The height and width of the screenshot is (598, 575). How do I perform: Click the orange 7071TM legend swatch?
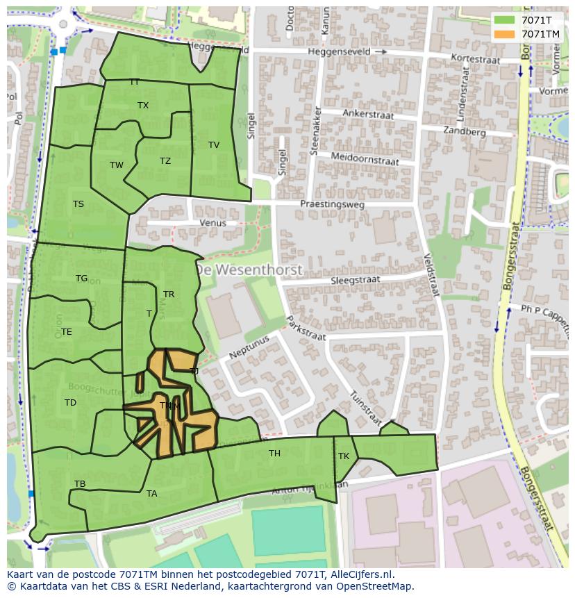point(505,34)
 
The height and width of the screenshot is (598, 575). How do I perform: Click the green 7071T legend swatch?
point(505,20)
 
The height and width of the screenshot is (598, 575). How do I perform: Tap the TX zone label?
point(143,106)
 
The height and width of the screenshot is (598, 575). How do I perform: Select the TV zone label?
point(214,145)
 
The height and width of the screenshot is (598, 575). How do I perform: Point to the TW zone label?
point(117,165)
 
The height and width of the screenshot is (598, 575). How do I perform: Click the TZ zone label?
point(165,161)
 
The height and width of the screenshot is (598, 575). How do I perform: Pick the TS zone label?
point(78,204)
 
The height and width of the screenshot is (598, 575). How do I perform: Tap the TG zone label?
point(82,279)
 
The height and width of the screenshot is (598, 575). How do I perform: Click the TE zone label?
point(67,332)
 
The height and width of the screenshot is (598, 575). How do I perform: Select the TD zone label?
point(70,403)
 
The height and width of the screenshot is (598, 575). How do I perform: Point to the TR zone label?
point(169,294)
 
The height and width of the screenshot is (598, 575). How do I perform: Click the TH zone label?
point(274,454)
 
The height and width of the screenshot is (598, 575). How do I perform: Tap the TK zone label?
point(344,456)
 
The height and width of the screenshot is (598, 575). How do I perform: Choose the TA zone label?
point(152,494)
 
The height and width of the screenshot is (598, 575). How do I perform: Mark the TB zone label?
point(80,484)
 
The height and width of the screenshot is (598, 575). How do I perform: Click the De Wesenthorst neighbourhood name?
point(249,269)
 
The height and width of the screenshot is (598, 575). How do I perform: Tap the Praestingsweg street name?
point(332,204)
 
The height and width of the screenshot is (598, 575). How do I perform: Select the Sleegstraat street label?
point(356,280)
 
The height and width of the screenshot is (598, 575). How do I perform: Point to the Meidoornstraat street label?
point(365,158)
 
